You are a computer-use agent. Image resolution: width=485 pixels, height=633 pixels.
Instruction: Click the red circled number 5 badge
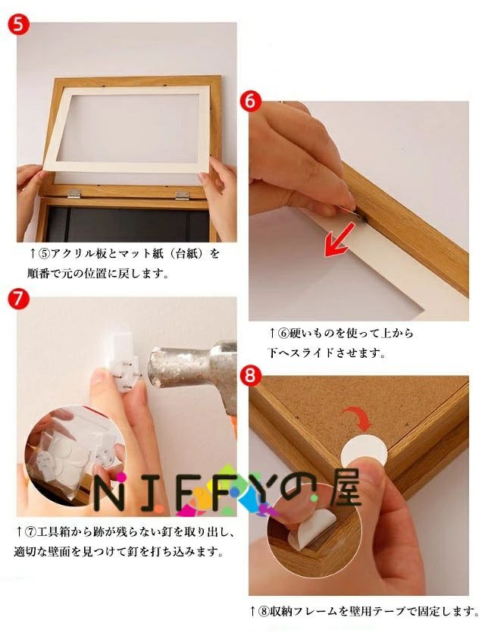coord(17,24)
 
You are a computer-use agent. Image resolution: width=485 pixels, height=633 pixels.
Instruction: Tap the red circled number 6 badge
coord(250,102)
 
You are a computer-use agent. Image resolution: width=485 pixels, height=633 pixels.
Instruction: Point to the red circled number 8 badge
coord(250,376)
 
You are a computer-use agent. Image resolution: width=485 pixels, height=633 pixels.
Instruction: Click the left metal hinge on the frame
coord(74,193)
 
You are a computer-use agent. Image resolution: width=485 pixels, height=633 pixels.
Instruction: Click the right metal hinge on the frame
coord(183,196)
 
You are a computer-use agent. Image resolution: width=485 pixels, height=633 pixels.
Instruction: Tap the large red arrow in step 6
coord(339,240)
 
